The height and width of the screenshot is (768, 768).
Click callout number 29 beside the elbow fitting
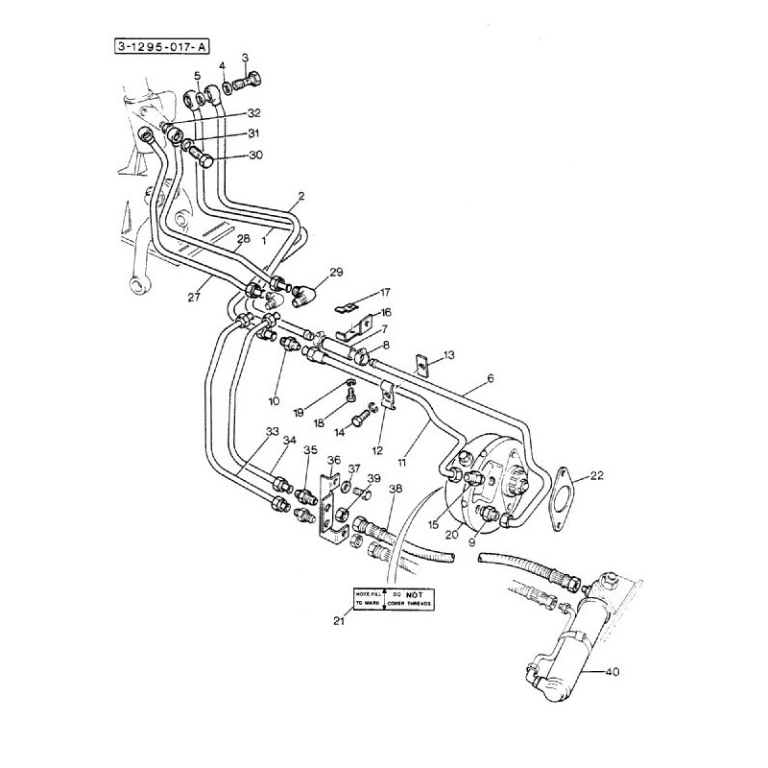(335, 273)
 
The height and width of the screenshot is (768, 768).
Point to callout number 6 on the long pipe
(490, 379)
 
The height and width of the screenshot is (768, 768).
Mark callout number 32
(254, 113)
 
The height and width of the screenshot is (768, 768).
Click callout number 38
(396, 488)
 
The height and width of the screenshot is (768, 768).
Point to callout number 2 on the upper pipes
(300, 195)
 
